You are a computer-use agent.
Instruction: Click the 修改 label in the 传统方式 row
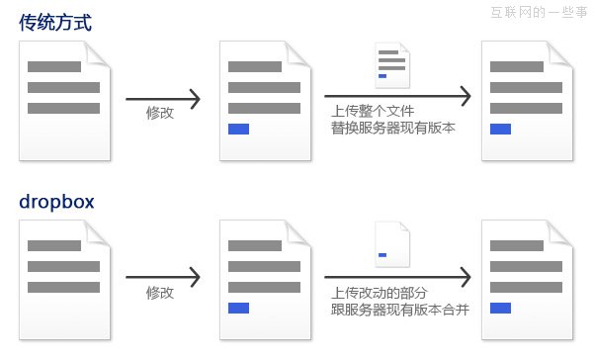(x=160, y=114)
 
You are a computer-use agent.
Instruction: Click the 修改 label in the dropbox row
(x=160, y=293)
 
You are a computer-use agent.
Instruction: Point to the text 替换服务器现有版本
(x=393, y=128)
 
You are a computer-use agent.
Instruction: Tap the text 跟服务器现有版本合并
(x=400, y=310)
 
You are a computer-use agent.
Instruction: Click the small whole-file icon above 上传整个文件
(x=391, y=67)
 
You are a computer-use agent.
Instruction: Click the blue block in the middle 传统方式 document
(x=238, y=129)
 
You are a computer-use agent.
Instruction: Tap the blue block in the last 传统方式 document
(x=500, y=129)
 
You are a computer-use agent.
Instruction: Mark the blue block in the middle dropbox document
(x=238, y=309)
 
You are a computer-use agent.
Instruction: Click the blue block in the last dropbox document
(x=500, y=309)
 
